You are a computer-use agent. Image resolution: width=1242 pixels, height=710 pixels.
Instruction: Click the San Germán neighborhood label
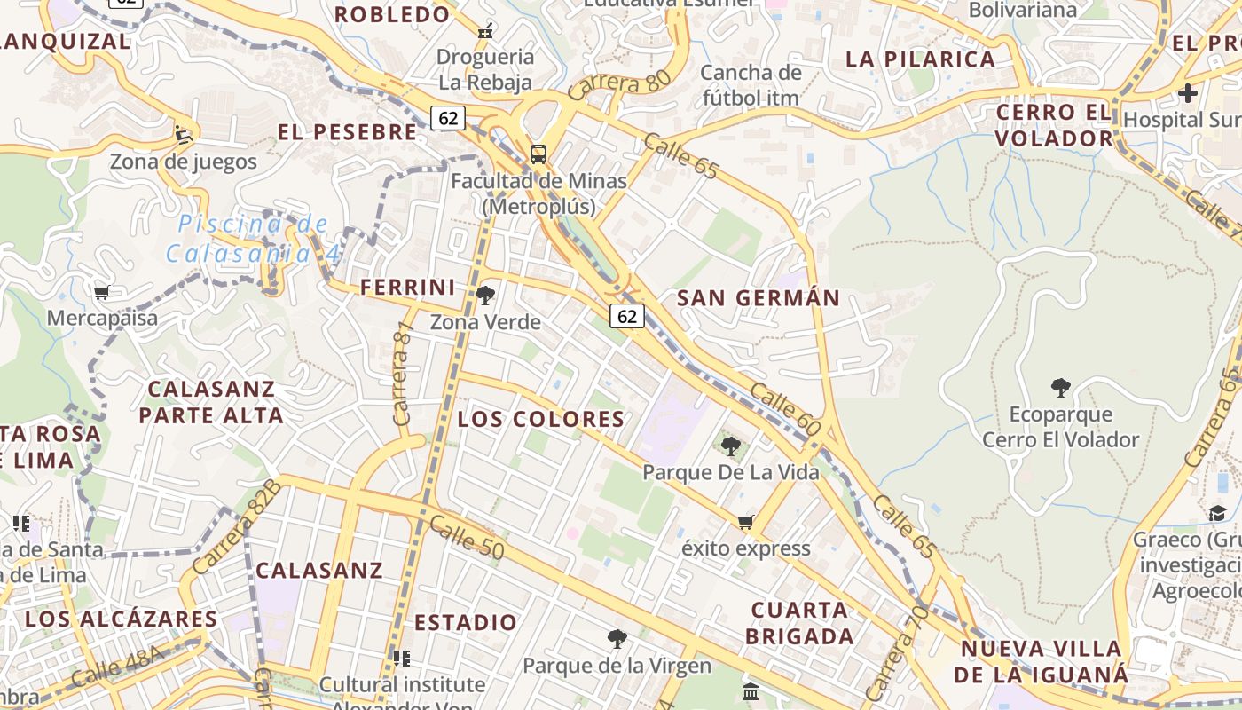coord(759,298)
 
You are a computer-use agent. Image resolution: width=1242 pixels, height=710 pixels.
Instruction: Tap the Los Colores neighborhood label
coord(541,419)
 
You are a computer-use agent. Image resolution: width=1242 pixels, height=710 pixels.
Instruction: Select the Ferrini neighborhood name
coord(407,288)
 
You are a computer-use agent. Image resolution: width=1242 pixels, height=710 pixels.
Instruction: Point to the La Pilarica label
coord(920,59)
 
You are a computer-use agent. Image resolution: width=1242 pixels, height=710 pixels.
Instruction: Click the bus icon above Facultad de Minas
coord(538,154)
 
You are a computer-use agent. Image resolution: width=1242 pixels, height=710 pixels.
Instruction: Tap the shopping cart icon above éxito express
coord(746,522)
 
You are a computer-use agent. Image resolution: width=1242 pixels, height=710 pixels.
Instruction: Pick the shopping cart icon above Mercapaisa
coord(102,292)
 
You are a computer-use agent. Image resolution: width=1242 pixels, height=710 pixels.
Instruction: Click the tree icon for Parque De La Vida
coord(730,446)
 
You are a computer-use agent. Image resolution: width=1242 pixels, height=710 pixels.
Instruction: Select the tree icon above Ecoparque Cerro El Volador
coord(1060,387)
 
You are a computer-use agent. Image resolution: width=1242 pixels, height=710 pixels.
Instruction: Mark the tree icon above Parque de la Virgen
coord(617,638)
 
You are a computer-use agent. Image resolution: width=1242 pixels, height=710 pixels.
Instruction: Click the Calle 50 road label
coord(467,538)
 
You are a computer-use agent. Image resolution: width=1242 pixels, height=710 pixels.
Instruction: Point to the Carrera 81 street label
coord(403,373)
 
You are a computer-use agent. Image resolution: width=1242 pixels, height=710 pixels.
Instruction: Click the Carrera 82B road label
coord(235,526)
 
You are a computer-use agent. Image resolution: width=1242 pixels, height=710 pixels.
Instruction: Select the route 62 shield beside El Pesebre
coord(449,117)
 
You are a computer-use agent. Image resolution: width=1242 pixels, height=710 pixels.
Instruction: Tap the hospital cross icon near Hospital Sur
coord(1187,92)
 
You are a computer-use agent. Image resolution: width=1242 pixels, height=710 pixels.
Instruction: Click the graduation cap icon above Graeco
coord(1217,514)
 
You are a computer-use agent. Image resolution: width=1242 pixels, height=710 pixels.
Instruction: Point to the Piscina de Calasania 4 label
coord(253,239)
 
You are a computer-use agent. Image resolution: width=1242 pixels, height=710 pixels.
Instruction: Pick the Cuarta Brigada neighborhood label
coord(799,623)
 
